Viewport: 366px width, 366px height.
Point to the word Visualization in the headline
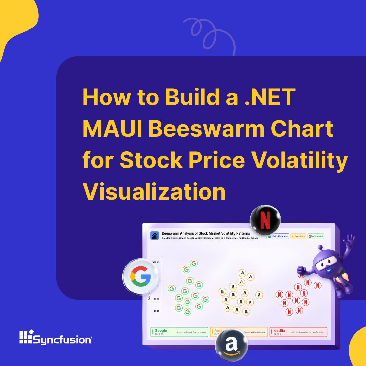click(154, 191)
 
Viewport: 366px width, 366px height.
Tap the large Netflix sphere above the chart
click(265, 221)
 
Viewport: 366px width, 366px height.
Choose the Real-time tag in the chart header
click(298, 236)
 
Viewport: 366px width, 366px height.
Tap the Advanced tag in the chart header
click(316, 236)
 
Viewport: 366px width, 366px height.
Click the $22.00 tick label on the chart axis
click(156, 262)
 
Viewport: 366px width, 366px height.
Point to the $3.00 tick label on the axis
click(156, 311)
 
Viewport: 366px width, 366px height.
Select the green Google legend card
click(179, 332)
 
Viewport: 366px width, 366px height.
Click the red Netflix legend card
click(299, 332)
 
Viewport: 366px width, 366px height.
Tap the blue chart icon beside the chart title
click(155, 236)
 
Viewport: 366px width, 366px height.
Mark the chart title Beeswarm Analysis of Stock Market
click(206, 233)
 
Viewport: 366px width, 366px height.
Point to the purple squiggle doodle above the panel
click(205, 32)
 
